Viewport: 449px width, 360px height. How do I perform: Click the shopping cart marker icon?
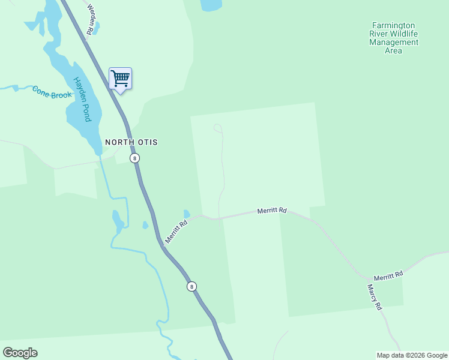[x=120, y=79]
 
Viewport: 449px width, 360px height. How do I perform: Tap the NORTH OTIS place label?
[x=131, y=142]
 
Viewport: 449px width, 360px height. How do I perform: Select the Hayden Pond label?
[x=82, y=99]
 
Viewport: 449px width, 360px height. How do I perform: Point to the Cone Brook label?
[x=52, y=92]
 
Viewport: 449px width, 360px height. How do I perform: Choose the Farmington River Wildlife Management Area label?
[x=394, y=38]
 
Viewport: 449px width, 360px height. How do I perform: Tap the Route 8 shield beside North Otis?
[x=134, y=158]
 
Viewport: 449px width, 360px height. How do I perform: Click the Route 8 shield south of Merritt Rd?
[x=191, y=286]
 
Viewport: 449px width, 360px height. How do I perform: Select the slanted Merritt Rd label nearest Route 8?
[x=176, y=232]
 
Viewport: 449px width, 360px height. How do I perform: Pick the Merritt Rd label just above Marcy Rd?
[x=388, y=275]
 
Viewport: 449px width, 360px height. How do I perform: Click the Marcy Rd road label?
[x=375, y=297]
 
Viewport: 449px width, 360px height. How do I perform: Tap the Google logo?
[x=20, y=353]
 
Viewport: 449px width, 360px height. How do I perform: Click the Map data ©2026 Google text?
[x=412, y=355]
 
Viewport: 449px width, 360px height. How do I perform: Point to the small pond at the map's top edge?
[x=211, y=5]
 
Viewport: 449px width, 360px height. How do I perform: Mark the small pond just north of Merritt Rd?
[x=187, y=214]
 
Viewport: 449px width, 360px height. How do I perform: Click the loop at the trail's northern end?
[x=218, y=128]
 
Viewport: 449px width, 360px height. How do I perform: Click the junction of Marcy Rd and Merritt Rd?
[x=367, y=279]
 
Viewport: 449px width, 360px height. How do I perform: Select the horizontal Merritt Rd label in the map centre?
[x=272, y=211]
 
